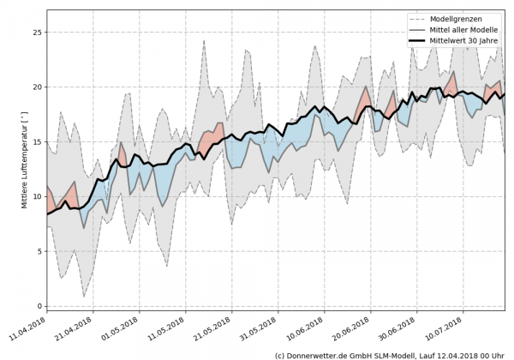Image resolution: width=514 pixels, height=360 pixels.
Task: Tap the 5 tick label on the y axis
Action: click(38, 251)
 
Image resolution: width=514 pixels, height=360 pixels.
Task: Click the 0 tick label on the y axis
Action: click(38, 306)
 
